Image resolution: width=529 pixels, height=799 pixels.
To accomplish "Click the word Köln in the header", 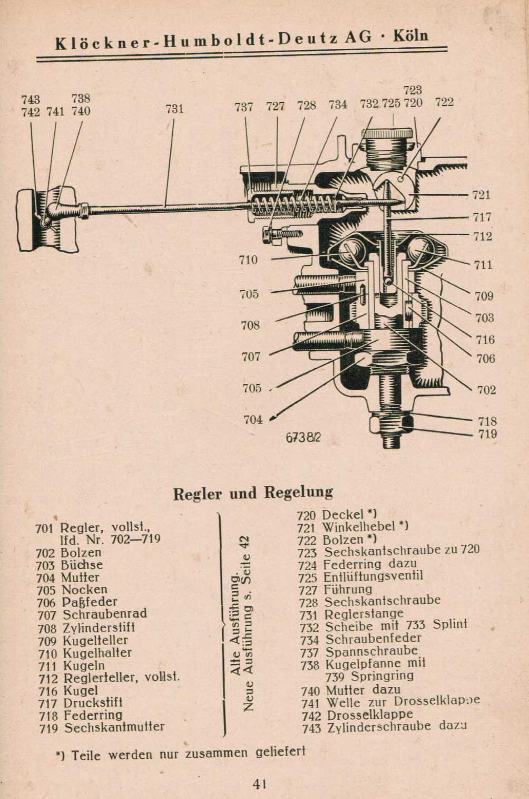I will click(410, 36).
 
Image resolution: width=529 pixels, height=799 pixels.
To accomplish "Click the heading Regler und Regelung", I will click(253, 493).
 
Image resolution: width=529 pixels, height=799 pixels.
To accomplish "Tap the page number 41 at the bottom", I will click(259, 784).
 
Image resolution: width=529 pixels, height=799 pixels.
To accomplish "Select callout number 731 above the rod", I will click(174, 109).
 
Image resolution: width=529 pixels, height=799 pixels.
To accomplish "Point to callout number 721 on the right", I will click(482, 195).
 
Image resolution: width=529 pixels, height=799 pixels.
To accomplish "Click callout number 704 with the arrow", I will click(253, 420).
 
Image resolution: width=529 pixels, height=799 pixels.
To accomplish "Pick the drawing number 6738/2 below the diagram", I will click(303, 438).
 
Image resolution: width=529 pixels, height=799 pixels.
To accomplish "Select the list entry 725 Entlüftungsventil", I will click(360, 576).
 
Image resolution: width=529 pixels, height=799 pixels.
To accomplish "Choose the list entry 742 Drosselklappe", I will click(357, 715).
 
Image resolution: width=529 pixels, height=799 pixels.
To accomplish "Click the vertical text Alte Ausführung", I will click(236, 622).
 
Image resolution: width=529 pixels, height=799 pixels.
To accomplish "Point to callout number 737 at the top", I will click(244, 107).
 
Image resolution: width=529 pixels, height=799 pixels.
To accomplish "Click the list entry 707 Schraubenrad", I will click(92, 614).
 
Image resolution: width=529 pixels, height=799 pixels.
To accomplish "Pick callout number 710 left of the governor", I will click(248, 259).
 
